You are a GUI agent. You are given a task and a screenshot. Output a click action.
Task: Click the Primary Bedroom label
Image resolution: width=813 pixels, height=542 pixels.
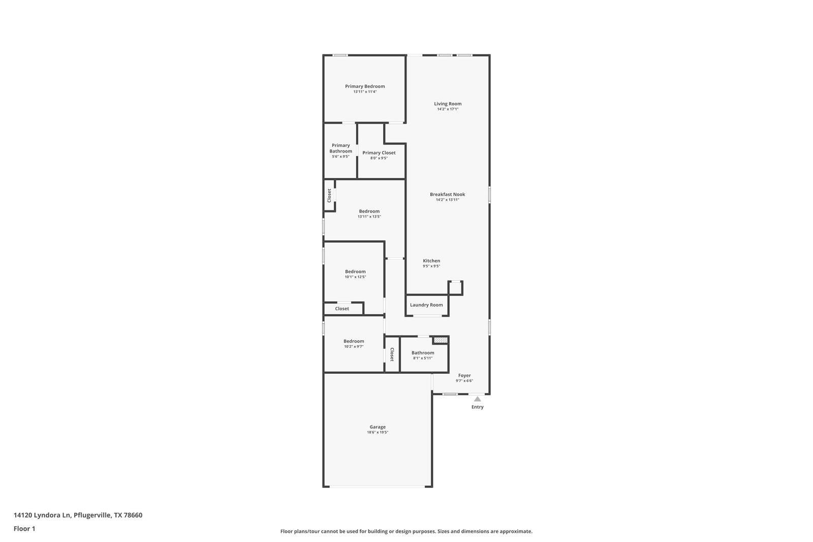[x=365, y=86]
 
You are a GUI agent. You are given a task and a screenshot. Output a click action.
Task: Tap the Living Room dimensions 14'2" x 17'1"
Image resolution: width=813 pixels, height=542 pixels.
[x=448, y=109]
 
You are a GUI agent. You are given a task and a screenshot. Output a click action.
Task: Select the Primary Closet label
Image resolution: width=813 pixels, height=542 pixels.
[x=379, y=153]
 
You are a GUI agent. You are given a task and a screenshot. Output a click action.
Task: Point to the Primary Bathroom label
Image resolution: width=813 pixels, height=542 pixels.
[x=340, y=148]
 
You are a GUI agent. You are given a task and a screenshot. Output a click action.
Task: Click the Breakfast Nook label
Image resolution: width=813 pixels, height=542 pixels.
[x=447, y=194]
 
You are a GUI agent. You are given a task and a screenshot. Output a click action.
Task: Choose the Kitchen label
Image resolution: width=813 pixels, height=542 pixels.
[x=431, y=261]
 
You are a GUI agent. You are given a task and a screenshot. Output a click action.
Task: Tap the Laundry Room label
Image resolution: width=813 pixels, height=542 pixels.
[x=426, y=305]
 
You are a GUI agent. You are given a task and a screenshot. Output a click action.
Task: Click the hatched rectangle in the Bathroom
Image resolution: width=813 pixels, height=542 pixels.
[x=440, y=340]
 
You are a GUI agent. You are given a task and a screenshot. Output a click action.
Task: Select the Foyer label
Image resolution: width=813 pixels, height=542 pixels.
[x=464, y=375]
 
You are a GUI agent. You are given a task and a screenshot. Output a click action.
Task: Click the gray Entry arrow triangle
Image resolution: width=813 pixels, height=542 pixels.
[x=477, y=399]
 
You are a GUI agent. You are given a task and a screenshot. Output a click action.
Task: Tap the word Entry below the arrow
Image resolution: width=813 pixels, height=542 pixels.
[x=477, y=407]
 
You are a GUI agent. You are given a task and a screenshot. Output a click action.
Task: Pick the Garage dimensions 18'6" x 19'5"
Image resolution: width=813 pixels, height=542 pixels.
[x=378, y=433]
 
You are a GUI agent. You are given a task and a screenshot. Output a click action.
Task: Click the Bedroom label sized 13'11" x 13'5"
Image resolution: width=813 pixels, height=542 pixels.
[x=369, y=211]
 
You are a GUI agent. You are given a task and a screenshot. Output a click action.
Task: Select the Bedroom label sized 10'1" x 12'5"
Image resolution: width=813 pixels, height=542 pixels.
[x=355, y=272]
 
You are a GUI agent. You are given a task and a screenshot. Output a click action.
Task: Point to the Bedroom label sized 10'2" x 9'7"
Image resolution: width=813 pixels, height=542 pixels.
[x=354, y=341]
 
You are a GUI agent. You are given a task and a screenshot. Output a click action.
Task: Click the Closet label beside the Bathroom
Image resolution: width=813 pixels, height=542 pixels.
[x=392, y=354]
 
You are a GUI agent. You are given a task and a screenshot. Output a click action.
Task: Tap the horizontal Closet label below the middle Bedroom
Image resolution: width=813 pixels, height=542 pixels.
[x=342, y=309]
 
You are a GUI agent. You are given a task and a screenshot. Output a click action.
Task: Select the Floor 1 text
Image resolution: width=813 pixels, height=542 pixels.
[x=24, y=529]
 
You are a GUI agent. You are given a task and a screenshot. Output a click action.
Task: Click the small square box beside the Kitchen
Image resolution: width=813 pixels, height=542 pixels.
[x=455, y=288]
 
